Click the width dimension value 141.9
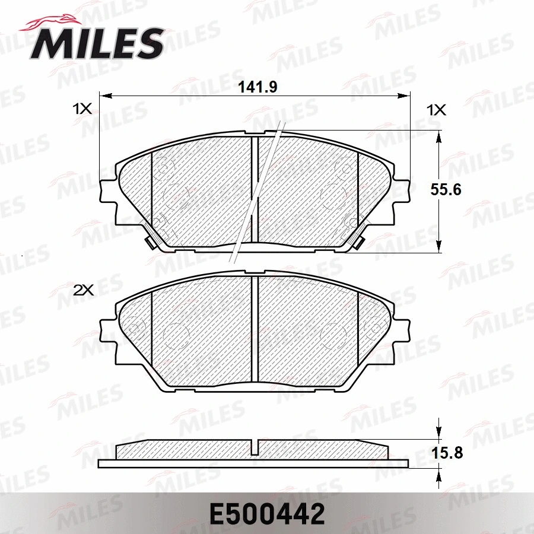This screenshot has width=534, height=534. pos(258,87)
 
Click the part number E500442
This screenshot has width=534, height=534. pos(266,513)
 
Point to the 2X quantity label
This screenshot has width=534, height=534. pos(83,290)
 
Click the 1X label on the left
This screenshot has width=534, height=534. pos(82,109)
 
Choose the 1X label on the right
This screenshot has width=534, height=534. pos(437,110)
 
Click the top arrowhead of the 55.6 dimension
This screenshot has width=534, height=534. pos(438,136)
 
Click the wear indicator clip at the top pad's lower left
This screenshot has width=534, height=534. pos(150,241)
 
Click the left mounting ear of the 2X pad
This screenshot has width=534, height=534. pos(107,329)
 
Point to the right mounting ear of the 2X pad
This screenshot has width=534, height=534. pos(403,329)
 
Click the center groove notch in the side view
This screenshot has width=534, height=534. pos(255,447)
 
